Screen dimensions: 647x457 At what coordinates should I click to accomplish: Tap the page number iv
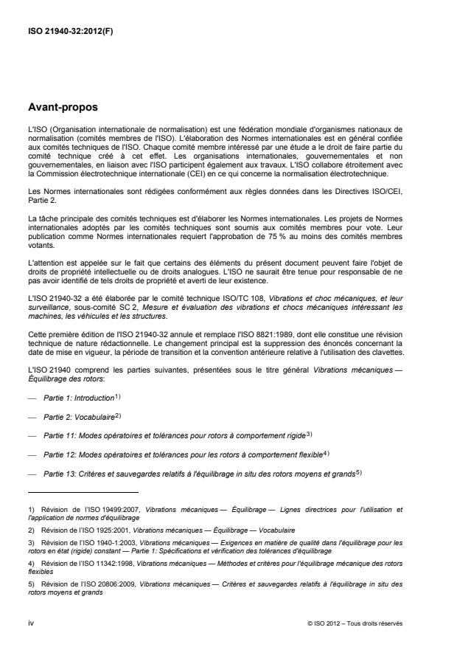30,623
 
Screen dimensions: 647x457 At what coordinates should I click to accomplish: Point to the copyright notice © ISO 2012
364,623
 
